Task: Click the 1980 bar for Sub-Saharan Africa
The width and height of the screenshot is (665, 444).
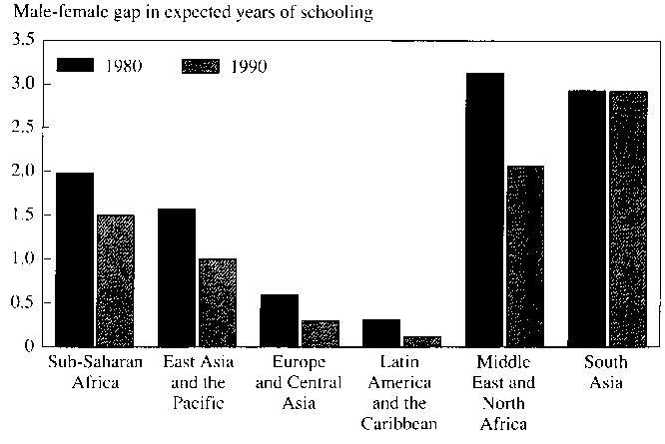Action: click(75, 259)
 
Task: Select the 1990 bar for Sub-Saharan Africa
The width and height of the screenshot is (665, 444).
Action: click(115, 280)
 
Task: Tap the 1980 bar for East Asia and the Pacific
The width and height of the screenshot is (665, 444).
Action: click(177, 277)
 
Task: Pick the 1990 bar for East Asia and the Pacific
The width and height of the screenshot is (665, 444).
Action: click(217, 302)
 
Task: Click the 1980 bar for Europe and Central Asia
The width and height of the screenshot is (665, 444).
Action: click(279, 319)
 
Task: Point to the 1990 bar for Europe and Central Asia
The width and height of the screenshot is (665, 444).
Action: click(320, 333)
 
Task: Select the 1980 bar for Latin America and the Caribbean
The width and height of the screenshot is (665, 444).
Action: click(380, 332)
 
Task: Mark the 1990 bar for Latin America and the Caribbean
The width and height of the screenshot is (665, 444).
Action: click(421, 341)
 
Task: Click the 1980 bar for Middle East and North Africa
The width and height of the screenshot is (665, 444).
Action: click(483, 210)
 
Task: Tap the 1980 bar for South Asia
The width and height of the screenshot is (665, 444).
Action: click(585, 219)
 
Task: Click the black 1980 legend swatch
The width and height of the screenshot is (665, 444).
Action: click(75, 66)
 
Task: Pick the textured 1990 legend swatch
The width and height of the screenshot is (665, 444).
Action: click(203, 66)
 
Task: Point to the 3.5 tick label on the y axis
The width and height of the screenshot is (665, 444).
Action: click(23, 40)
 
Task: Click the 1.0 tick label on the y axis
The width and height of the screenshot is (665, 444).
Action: click(23, 258)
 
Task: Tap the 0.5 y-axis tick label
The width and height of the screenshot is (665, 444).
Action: click(23, 302)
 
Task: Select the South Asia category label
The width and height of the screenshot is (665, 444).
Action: click(606, 372)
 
